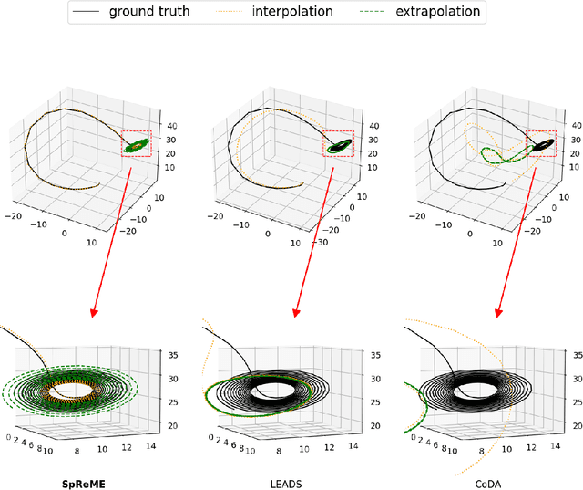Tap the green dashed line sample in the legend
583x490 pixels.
tap(374, 13)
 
